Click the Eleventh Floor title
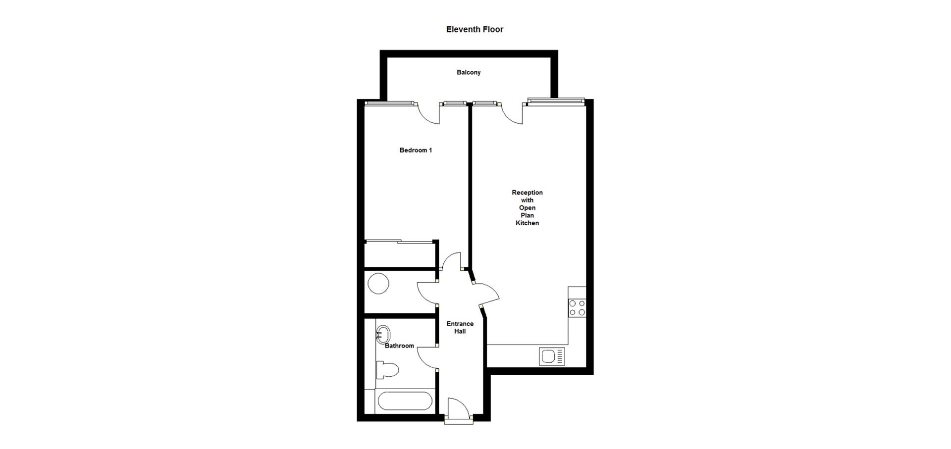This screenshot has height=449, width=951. point(475,29)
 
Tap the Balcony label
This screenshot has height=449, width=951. point(469,72)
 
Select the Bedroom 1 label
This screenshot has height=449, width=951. point(416,150)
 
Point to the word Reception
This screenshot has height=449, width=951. point(527,193)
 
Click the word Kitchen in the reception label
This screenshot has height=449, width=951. point(527,223)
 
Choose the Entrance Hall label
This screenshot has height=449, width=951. point(460,327)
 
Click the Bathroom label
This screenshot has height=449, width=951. point(399,346)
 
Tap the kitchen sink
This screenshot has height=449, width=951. point(552,356)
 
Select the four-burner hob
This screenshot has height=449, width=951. point(577,307)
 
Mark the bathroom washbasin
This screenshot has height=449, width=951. point(383,335)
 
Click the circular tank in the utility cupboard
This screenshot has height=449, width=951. point(378,284)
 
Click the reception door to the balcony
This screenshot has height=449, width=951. point(512,113)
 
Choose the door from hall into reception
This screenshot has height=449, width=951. point(486,295)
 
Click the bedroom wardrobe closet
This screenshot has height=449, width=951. point(400,254)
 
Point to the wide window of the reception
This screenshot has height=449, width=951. point(556,101)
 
